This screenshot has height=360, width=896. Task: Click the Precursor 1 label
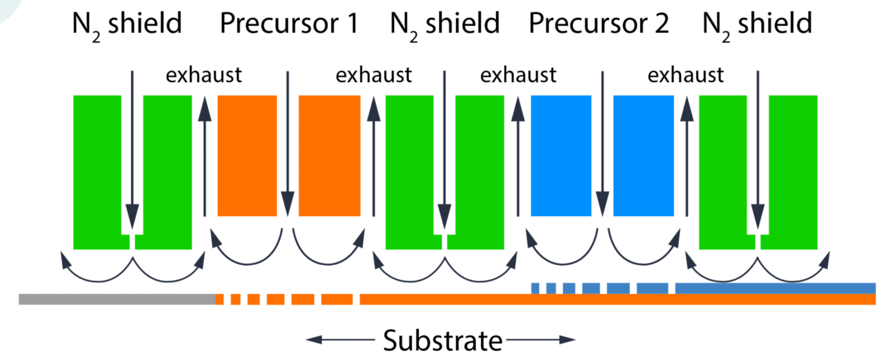point(288,24)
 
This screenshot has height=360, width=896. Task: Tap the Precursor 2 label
point(599,24)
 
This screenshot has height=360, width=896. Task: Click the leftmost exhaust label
point(204,75)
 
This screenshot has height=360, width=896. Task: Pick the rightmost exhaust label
point(685,75)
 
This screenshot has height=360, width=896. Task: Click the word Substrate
point(442,340)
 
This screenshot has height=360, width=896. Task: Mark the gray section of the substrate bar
point(117,300)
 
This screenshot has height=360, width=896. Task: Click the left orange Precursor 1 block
point(247,156)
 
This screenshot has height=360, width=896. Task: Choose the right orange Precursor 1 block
point(329,156)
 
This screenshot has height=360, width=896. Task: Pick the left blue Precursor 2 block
point(561,156)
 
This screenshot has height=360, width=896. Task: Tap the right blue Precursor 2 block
point(643,156)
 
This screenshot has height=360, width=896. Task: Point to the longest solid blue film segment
point(775,288)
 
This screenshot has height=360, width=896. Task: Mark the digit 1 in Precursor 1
point(352,24)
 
